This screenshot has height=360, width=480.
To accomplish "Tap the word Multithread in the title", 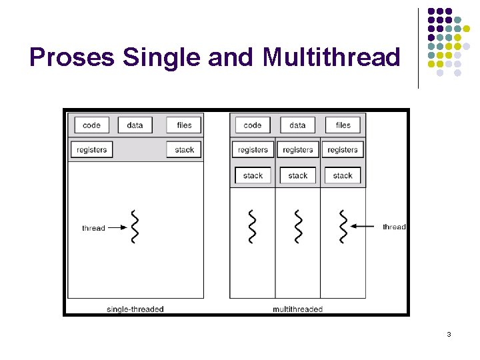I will (331, 58).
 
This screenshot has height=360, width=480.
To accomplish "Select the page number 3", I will (449, 334).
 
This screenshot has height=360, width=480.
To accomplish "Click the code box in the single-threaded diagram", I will (91, 125).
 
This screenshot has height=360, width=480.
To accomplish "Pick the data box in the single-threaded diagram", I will (135, 125).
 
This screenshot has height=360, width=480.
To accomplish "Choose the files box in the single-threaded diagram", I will (184, 125).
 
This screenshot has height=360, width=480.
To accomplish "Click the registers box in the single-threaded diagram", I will (92, 150).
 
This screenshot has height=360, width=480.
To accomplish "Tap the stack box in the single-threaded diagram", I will (184, 150).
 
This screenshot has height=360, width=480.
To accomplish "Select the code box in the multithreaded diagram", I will (253, 125).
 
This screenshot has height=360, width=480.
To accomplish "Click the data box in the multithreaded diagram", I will (297, 125).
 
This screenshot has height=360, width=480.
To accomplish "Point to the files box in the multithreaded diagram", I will (343, 125).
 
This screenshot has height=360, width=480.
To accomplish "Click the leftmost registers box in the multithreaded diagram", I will (253, 150).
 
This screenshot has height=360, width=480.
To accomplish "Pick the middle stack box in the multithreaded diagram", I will (297, 176).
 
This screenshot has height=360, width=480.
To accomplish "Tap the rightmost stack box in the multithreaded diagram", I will (343, 176).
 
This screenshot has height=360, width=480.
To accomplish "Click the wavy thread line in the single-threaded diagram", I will (135, 227).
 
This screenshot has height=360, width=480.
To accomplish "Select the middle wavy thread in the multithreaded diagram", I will (297, 227).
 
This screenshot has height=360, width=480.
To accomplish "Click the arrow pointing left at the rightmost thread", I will (365, 227).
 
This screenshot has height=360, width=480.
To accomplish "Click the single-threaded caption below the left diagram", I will (135, 309).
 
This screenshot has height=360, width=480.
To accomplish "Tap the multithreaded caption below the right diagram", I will (297, 309).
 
